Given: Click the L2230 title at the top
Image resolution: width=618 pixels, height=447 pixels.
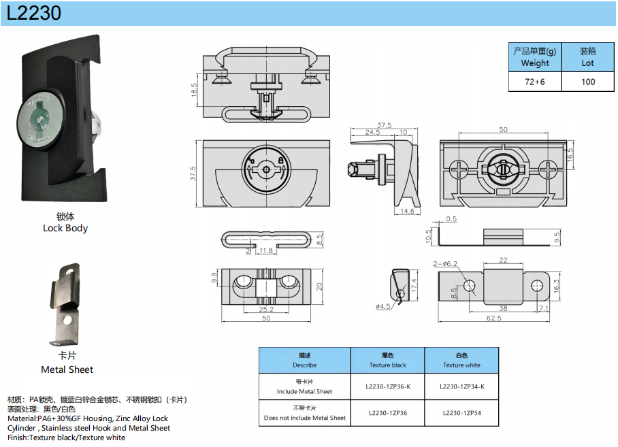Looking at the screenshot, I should tap(34, 13).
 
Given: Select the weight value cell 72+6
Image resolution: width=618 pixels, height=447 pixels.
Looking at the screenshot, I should tap(534, 82).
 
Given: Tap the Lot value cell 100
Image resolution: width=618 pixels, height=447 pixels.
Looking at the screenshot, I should tap(587, 82).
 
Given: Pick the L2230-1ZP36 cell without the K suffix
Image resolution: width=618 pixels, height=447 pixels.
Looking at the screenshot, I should tap(388, 412).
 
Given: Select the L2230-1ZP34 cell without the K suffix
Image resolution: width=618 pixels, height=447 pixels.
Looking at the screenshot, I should tap(461, 412).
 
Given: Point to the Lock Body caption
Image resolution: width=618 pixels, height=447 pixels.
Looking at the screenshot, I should tap(65, 228).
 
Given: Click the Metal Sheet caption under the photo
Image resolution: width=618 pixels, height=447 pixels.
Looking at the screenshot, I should tap(67, 369).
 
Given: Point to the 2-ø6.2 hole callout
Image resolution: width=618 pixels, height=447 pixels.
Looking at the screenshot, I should tap(445, 263).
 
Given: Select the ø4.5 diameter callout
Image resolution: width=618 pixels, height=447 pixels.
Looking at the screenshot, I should tap(383, 307).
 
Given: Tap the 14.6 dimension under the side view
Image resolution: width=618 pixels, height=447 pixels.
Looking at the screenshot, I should tap(406, 212).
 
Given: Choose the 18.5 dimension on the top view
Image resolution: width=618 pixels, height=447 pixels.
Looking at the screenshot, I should tap(194, 90).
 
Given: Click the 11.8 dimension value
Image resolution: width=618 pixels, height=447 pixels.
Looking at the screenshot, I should tap(266, 251).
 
